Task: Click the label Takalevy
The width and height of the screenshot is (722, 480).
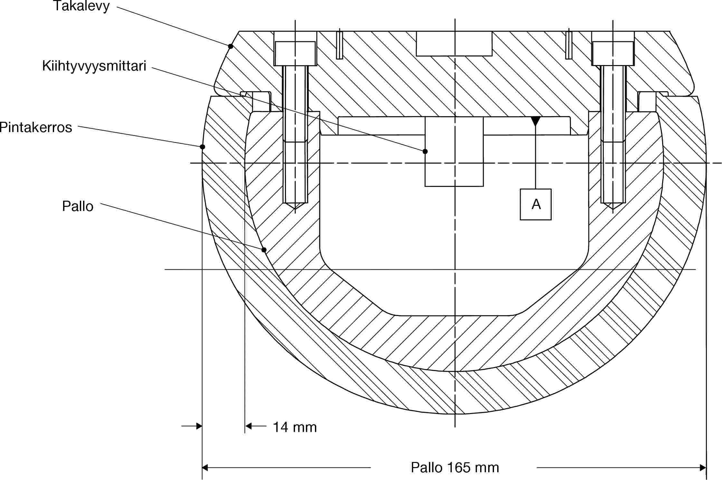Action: (x=81, y=6)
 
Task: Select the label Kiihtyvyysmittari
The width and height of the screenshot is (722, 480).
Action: (x=94, y=66)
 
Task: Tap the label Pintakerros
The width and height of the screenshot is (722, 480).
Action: (x=35, y=128)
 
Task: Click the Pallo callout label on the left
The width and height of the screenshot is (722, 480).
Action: (x=78, y=206)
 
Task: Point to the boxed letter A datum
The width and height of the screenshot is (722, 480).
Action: (x=536, y=204)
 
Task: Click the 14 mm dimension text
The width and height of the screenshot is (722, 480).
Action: (x=295, y=427)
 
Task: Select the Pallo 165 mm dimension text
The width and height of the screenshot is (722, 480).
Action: (x=454, y=467)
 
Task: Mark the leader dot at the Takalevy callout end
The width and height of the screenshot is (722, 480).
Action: (x=231, y=46)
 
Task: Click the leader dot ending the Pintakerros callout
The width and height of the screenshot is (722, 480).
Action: (x=202, y=147)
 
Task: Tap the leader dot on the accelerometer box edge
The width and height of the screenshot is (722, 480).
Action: (x=425, y=151)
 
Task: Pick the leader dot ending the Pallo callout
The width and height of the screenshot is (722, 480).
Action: (x=264, y=250)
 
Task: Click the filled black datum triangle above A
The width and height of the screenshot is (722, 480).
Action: (x=536, y=121)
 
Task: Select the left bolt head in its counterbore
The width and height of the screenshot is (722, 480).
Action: (x=295, y=53)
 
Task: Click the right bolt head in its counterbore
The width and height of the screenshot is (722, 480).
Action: (x=613, y=53)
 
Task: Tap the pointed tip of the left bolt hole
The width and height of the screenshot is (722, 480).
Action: (x=295, y=208)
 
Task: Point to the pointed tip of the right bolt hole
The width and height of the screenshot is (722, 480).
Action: (x=613, y=208)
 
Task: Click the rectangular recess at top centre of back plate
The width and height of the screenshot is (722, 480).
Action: (x=454, y=43)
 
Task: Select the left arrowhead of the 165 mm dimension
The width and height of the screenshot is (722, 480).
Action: (x=205, y=467)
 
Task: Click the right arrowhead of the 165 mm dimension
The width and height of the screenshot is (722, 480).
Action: (x=703, y=467)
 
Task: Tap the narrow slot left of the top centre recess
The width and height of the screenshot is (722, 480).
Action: (x=339, y=45)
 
